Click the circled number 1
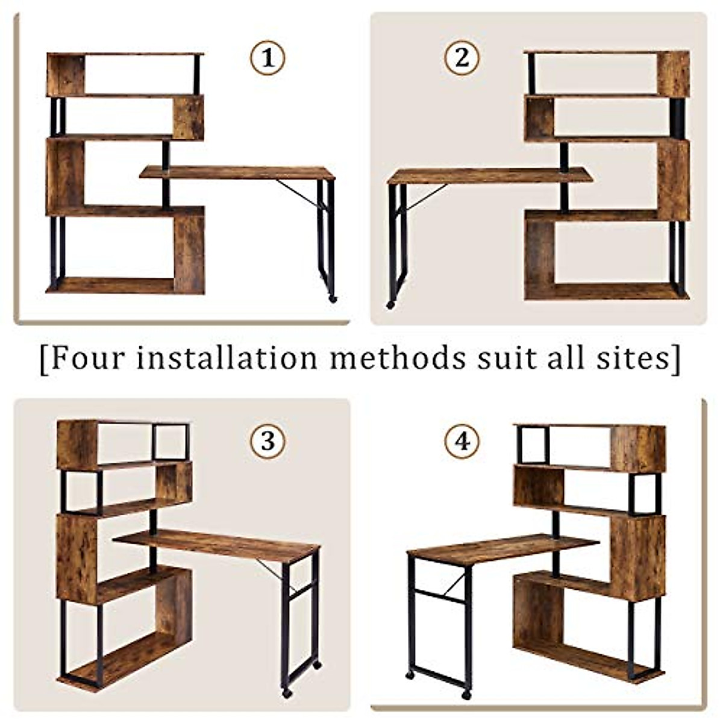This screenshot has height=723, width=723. click(x=267, y=58)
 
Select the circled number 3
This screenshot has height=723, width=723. click(x=267, y=441)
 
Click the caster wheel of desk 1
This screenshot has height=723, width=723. click(x=333, y=298)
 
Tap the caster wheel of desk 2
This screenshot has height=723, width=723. click(x=390, y=305)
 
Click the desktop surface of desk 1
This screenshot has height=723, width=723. click(x=237, y=172)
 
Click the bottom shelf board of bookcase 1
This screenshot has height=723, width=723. click(x=111, y=285)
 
